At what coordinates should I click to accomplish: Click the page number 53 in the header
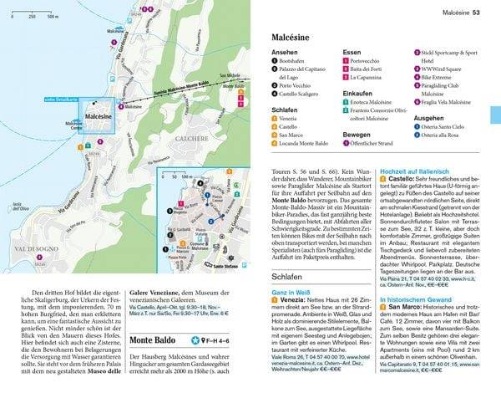tap(477, 11)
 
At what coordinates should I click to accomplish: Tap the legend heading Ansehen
tap(284, 52)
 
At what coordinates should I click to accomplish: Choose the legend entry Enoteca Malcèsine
tap(381, 103)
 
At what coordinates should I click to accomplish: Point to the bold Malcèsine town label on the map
tap(99, 116)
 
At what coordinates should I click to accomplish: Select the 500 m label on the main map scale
tap(52, 16)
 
